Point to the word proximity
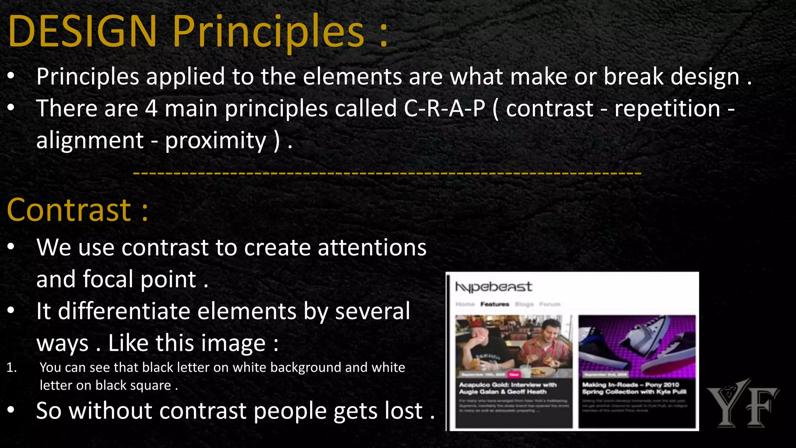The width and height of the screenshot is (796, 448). point(216,140)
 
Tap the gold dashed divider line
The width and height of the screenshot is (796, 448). point(387,173)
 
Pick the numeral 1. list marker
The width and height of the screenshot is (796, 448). point(12,367)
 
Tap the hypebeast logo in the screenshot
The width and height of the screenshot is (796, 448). point(493,287)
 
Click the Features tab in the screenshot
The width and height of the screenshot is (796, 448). point(494,304)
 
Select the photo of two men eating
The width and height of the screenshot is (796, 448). point(513,345)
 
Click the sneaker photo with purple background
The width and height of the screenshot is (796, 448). point(637,345)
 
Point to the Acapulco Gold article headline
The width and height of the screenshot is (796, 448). point(508,388)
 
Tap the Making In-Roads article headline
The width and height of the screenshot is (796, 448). point(634,388)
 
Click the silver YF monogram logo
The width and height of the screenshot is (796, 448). point(742,403)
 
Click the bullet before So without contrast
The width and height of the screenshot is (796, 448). point(11,409)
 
